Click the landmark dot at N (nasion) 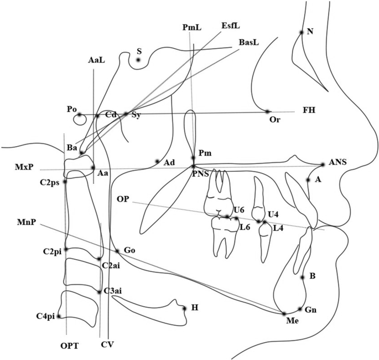tap(302, 32)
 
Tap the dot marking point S tap(139, 60)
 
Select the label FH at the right tap(309, 110)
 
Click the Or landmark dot tap(268, 111)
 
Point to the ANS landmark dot tap(323, 164)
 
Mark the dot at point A tap(308, 179)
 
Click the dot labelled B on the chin tap(303, 277)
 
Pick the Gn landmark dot tap(300, 308)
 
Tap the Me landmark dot tap(283, 313)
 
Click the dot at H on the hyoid tap(184, 308)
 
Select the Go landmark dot tap(117, 251)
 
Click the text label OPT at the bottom tap(70, 346)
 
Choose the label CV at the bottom tap(107, 346)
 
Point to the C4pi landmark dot tap(59, 317)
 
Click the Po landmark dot tap(79, 115)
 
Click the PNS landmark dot tap(193, 166)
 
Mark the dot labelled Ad tap(157, 161)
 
